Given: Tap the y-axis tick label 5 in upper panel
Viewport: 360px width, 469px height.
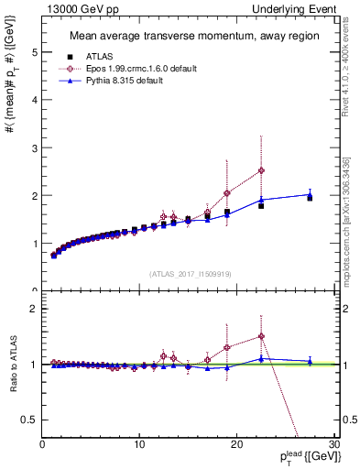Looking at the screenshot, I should pyautogui.click(x=34, y=52).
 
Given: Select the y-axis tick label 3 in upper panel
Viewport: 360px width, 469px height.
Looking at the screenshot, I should pyautogui.click(x=34, y=147).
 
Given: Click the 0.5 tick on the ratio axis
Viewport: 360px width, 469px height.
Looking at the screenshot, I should pyautogui.click(x=30, y=420).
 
